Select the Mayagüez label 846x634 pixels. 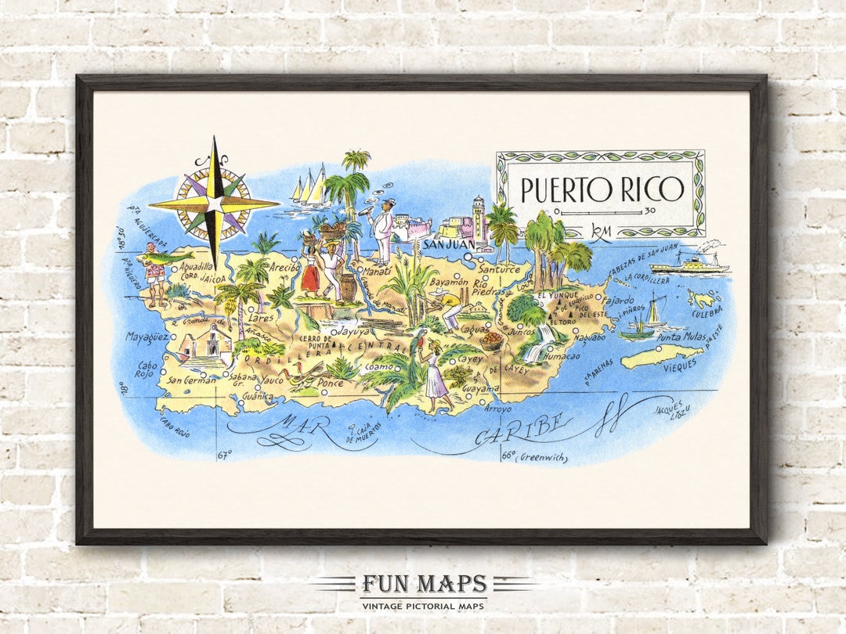coord(147,337)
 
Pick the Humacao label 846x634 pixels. coord(561,356)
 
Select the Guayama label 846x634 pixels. coord(480,388)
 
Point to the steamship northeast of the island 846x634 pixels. coord(689,263)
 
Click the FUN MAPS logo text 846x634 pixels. coord(423,584)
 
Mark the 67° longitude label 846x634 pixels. coord(225,454)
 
